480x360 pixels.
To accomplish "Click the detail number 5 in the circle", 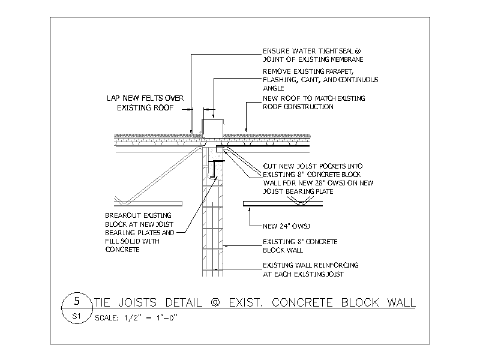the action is [77, 301].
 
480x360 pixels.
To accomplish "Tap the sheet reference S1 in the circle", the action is [76, 316].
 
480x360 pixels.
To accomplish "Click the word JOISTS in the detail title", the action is [137, 302].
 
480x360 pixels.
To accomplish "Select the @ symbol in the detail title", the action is [215, 303].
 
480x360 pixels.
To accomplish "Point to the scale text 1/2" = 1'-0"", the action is [151, 317].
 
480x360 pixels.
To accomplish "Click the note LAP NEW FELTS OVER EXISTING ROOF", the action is [145, 103].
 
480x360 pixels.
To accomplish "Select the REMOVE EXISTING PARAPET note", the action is [320, 80].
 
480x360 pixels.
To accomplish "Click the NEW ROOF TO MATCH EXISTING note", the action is [314, 103].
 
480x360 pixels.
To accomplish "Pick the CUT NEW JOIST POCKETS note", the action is [318, 179].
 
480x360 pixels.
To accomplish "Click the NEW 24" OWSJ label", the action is [286, 226].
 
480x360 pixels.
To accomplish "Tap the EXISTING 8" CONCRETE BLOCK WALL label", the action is [300, 246].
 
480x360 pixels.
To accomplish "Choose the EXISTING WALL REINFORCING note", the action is [310, 269].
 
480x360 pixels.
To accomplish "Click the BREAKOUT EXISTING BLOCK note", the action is [140, 232].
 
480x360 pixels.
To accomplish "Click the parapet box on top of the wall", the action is [212, 128].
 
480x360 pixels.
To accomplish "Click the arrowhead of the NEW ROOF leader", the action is [246, 130].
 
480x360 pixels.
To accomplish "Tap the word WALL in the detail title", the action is [401, 302].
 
